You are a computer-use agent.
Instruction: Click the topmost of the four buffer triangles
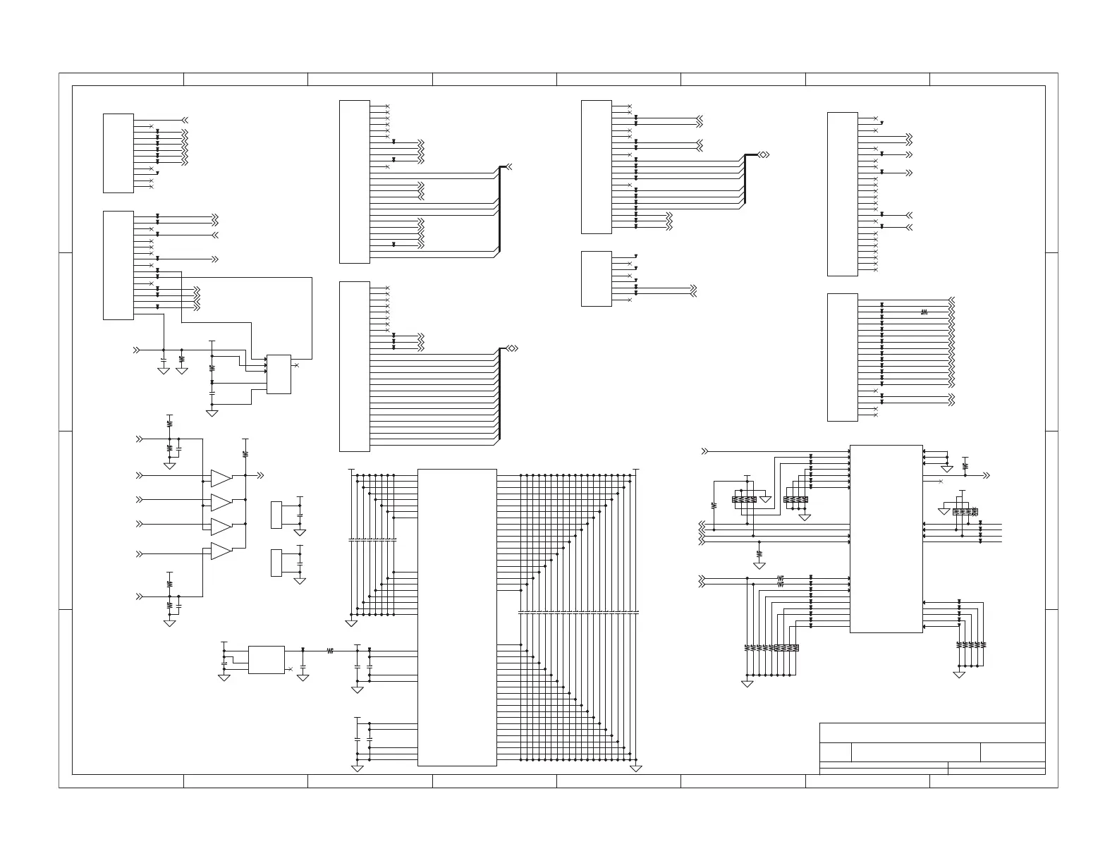pyautogui.click(x=220, y=479)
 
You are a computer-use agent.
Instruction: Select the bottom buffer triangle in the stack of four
pyautogui.click(x=220, y=551)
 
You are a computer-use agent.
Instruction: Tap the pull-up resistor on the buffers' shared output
pyautogui.click(x=245, y=453)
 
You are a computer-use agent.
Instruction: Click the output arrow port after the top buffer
pyautogui.click(x=261, y=476)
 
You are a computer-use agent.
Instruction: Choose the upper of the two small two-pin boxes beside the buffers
pyautogui.click(x=276, y=515)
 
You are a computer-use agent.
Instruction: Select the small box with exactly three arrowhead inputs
pyautogui.click(x=279, y=374)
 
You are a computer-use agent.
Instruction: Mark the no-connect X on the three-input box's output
pyautogui.click(x=295, y=365)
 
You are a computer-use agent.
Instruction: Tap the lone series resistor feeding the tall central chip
pyautogui.click(x=330, y=651)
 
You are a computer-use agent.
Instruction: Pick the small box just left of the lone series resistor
pyautogui.click(x=266, y=659)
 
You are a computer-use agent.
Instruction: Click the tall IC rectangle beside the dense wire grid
pyautogui.click(x=457, y=617)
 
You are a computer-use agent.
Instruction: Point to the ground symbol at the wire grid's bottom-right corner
pyautogui.click(x=635, y=768)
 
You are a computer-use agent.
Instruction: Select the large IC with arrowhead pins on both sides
pyautogui.click(x=886, y=539)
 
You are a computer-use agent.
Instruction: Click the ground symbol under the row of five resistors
pyautogui.click(x=959, y=675)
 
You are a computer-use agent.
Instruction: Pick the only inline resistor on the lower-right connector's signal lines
pyautogui.click(x=924, y=311)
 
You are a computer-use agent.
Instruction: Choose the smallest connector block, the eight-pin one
pyautogui.click(x=596, y=279)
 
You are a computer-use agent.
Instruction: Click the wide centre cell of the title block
pyautogui.click(x=915, y=752)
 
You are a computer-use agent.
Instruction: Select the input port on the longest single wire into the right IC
pyautogui.click(x=704, y=451)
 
